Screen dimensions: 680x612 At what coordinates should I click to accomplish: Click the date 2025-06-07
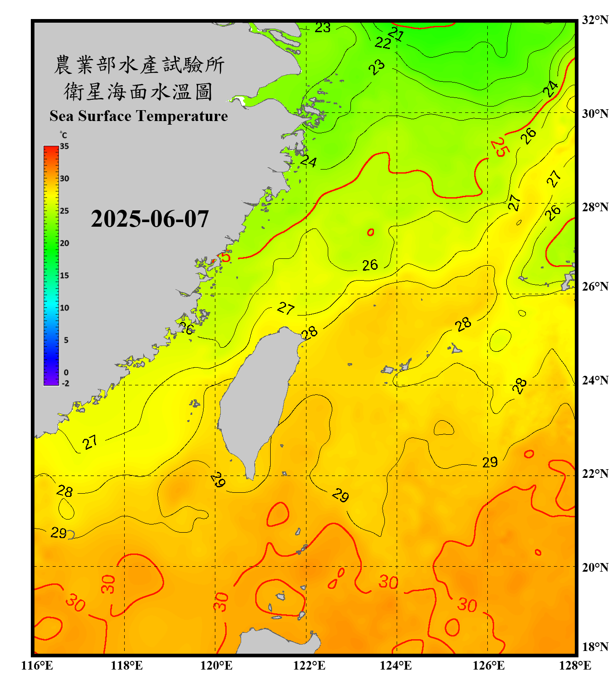pos(150,219)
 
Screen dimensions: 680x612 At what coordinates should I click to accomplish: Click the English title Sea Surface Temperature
pos(139,116)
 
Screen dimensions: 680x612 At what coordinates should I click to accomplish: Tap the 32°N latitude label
pos(595,20)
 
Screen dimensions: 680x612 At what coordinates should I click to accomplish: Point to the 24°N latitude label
pos(595,380)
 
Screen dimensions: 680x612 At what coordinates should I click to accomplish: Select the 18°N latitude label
pos(595,647)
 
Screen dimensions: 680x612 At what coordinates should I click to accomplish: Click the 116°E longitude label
pos(37,665)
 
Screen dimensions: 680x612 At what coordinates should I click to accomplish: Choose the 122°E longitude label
pos(309,665)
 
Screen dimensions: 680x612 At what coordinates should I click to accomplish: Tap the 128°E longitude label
pos(575,665)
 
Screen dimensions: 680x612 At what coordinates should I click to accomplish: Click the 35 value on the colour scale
pos(64,146)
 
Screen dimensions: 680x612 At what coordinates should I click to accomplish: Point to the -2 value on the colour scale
pos(65,384)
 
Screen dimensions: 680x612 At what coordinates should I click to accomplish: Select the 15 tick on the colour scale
pos(64,275)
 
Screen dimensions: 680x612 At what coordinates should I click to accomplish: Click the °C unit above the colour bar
pos(63,135)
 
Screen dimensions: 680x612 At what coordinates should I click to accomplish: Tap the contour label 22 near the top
pos(383,43)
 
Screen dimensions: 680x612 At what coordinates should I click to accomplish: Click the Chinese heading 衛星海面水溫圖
pos(138,92)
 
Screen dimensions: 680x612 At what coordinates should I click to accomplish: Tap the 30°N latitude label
pos(595,113)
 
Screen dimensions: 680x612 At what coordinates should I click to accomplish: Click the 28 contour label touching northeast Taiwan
pos(310,333)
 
